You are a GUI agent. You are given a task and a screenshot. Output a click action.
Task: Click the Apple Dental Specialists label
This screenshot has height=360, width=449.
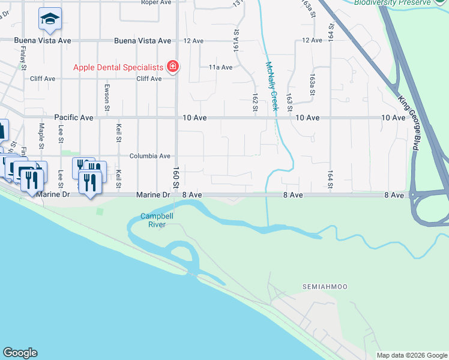(x=118, y=67)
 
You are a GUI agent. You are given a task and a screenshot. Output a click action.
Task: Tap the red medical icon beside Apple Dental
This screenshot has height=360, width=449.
(x=173, y=66)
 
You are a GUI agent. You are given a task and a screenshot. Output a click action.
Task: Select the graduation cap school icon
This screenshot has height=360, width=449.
(x=50, y=19)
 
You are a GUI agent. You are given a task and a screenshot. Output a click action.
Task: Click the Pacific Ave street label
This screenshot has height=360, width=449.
(x=74, y=118)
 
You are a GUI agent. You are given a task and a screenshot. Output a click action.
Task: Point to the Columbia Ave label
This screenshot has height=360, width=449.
(x=150, y=156)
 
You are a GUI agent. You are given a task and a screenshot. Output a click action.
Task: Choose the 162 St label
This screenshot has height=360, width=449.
(x=255, y=102)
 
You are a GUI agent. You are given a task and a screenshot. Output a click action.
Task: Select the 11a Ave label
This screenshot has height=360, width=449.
(x=220, y=67)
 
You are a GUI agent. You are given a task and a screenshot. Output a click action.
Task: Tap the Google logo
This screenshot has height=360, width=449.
(x=20, y=353)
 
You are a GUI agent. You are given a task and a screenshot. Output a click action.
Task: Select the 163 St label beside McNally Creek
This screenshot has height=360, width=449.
(x=289, y=101)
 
